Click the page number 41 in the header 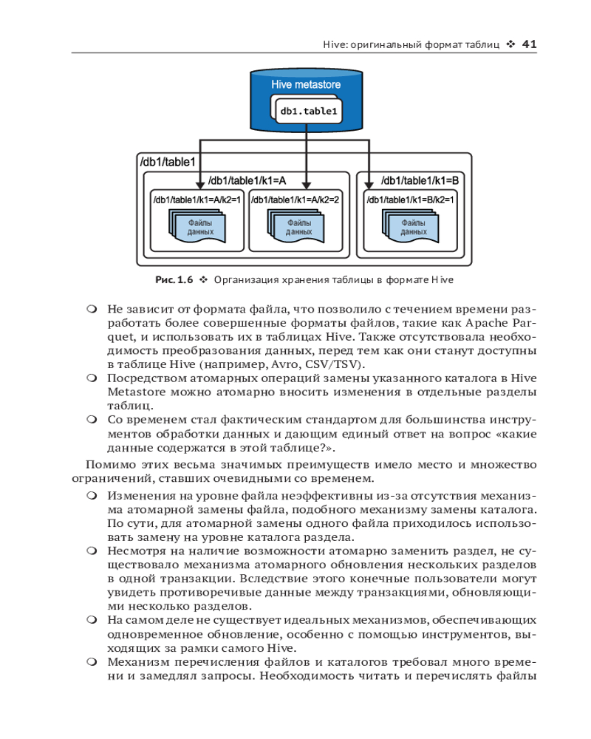click(529, 44)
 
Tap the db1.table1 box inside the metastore click(308, 112)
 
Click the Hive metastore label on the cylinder click(306, 85)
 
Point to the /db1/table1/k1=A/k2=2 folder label click(295, 200)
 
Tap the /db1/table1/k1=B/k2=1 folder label click(410, 200)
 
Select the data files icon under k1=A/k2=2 click(296, 226)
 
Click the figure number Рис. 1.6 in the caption click(174, 280)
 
